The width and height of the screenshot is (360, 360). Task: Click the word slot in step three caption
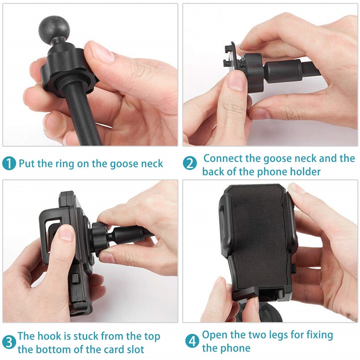[x=134, y=349]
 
